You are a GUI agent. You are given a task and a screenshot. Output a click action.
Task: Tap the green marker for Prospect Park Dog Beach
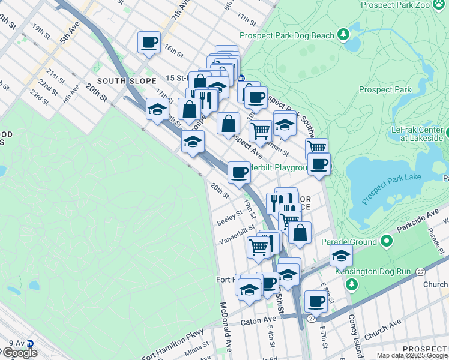point(344,35)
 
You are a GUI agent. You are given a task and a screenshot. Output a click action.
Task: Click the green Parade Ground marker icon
point(387,241)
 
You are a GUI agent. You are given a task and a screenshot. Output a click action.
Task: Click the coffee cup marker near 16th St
point(149,43)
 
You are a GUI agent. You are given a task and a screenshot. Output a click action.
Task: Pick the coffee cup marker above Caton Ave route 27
point(315,301)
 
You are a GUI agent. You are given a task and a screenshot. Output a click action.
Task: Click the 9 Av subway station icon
point(29,344)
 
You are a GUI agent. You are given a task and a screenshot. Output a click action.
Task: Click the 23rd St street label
point(39,97)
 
